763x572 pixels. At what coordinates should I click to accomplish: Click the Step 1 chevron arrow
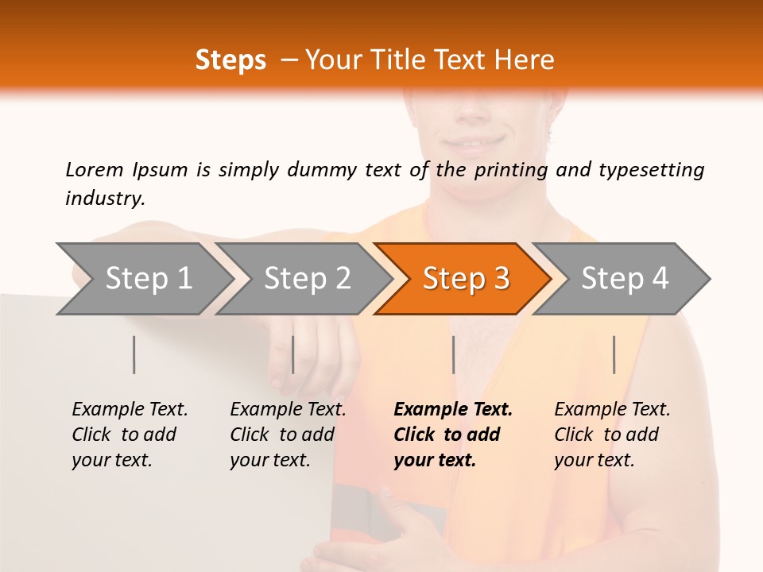tap(149, 279)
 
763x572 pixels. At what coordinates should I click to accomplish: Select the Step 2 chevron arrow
tap(307, 279)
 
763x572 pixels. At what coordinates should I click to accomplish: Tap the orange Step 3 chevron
tap(466, 279)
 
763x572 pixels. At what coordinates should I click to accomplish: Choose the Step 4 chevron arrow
tap(625, 279)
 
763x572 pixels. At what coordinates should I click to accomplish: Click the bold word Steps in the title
tap(230, 60)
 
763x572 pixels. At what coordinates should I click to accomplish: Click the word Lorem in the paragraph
tap(95, 169)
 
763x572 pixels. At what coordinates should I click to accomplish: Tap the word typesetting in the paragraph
tap(651, 169)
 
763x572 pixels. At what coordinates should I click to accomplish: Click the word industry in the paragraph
tap(105, 199)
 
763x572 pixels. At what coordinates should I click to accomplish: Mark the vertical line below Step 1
tap(134, 354)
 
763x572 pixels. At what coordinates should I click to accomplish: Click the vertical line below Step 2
tap(293, 354)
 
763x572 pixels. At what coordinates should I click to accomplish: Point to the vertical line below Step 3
tap(453, 354)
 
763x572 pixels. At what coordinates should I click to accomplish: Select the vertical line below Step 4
tap(614, 354)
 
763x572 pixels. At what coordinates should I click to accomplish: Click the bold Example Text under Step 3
tap(453, 410)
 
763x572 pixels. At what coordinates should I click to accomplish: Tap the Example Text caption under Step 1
tap(130, 410)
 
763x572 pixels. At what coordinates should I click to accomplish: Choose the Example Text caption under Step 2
tap(288, 410)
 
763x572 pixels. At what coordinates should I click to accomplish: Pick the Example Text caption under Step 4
tap(612, 410)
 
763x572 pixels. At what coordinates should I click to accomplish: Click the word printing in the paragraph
tap(510, 169)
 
